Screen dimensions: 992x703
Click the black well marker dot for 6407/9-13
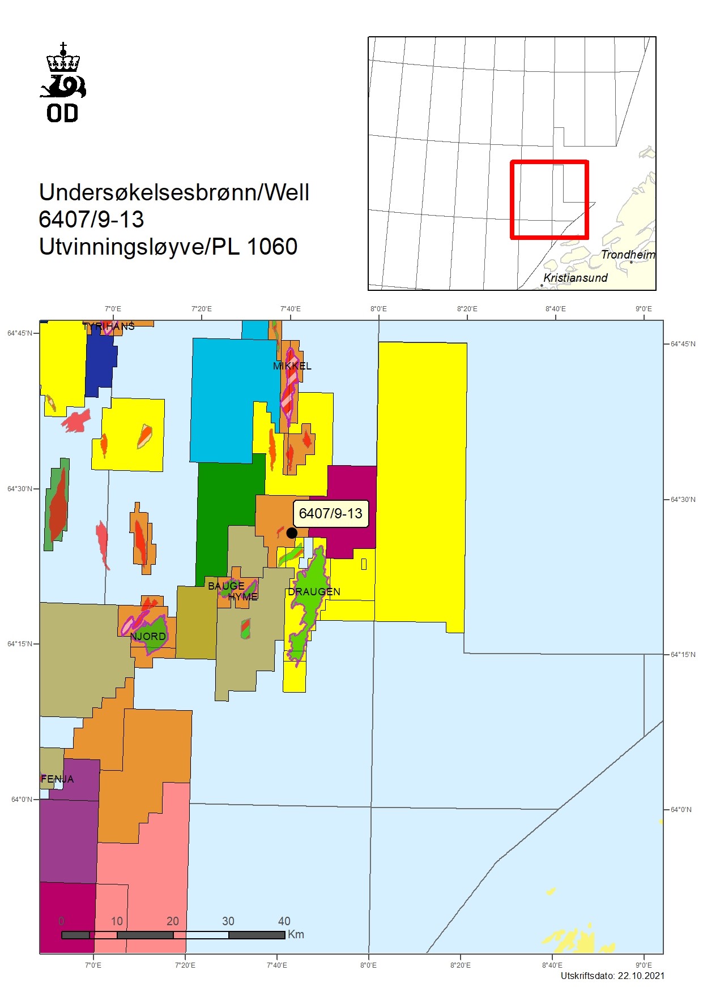pos(292,533)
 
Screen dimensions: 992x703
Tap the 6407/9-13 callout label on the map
pos(330,514)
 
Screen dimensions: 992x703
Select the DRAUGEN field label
pos(314,592)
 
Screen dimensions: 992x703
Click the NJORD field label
pos(148,637)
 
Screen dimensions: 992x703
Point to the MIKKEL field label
pos(292,366)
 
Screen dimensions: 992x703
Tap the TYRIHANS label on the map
pos(108,327)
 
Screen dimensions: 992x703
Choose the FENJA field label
pos(57,779)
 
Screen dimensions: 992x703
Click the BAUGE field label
pos(226,586)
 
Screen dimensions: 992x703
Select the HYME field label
pos(243,597)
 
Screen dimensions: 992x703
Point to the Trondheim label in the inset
pos(628,255)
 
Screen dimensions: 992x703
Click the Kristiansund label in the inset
pos(575,278)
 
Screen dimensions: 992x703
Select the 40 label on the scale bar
pos(284,921)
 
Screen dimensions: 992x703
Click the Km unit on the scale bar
pos(296,934)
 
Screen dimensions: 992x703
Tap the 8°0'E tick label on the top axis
pos(378,309)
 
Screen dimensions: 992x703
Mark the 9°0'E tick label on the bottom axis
pos(644,965)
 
